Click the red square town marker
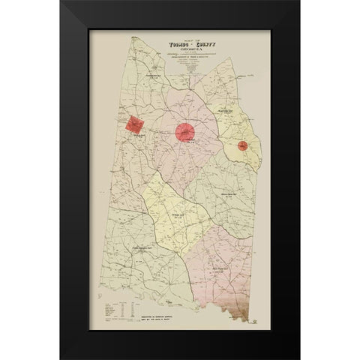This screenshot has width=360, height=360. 135,125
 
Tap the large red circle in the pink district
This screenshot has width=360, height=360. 185,132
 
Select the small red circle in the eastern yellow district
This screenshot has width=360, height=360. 243,145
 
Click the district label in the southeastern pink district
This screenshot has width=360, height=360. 221,269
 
